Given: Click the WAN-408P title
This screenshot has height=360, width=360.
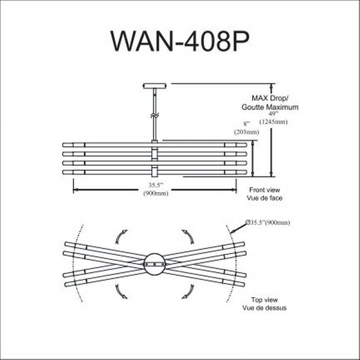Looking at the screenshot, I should click(180, 41).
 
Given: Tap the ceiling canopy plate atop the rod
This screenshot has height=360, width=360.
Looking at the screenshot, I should click(155, 86).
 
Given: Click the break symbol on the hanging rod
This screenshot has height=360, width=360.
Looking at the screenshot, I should click(154, 116).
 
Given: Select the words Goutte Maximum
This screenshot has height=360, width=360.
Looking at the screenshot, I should click(270, 107).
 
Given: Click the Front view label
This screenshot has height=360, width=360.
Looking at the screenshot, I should click(265, 190).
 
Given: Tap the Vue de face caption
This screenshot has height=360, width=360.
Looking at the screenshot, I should click(265, 198).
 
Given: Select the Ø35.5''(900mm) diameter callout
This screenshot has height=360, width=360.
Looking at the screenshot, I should click(268, 223).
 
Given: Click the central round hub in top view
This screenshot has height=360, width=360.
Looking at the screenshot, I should click(154, 264).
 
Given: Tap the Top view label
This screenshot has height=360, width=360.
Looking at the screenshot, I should click(265, 300).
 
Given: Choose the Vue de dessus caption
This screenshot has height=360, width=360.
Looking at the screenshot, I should click(265, 308).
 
